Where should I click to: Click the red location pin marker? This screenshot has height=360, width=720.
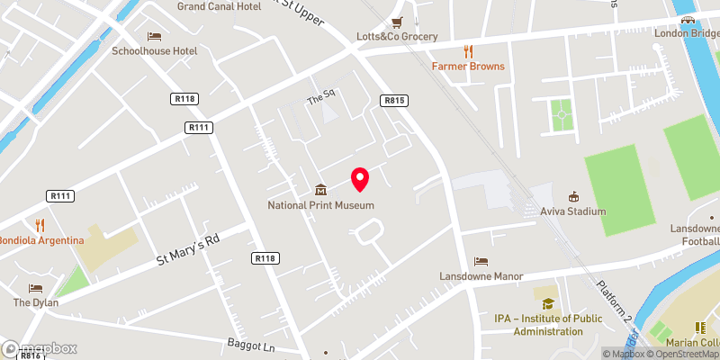tap(360, 179)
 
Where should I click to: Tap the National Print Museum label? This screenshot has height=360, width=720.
tap(320, 205)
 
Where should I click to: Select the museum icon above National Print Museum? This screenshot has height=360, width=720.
tap(320, 189)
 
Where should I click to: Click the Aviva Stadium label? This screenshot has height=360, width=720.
tap(573, 211)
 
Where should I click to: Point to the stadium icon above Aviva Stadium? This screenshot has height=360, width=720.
tap(573, 195)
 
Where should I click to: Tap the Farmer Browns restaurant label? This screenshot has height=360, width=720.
tap(467, 67)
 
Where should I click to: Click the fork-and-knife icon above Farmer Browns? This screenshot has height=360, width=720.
tap(467, 50)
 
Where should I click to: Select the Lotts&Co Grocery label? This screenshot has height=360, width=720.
tap(397, 37)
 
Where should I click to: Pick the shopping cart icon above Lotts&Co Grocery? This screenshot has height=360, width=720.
tap(397, 22)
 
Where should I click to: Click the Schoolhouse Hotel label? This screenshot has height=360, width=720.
tap(154, 50)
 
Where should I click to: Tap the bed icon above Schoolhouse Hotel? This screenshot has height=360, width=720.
tap(154, 35)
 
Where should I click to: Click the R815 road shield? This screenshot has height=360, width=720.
tap(392, 101)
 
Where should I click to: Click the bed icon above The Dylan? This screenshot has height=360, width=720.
tap(35, 288)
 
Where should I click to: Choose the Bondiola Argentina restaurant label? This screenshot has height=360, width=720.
tap(41, 240)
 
